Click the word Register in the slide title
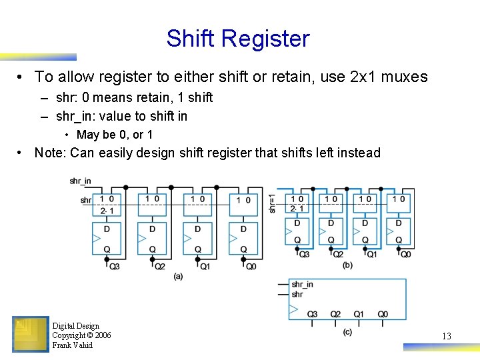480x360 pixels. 273,39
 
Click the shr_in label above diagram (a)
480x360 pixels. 80,181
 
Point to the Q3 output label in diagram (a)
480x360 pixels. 114,266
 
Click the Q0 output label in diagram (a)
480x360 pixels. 251,266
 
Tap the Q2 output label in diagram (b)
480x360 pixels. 338,254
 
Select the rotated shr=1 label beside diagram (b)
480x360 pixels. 272,203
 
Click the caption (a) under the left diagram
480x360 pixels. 178,276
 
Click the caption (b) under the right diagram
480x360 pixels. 347,265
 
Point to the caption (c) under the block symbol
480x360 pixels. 347,331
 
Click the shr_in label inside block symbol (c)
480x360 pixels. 302,285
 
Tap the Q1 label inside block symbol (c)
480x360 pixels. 359,314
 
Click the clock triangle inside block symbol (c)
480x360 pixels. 293,309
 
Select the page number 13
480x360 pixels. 446,336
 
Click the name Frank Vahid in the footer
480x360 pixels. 72,345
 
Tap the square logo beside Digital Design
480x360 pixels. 31,334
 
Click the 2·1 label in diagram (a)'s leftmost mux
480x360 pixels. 107,211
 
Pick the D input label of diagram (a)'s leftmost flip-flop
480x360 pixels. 107,229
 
